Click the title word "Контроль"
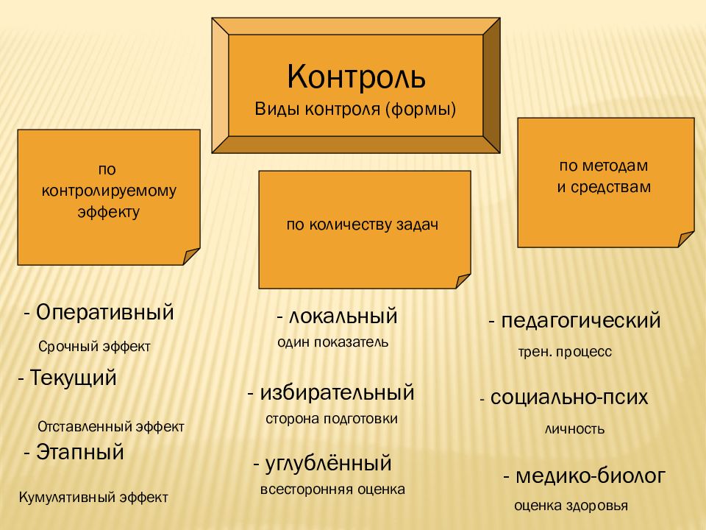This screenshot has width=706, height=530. point(356,76)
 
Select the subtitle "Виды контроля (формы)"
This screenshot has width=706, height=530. point(356,109)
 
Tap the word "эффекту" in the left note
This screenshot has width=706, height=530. point(108,211)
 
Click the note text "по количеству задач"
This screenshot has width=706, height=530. point(363,225)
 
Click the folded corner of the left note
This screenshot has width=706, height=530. point(190,256)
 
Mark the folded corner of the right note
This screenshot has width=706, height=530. point(685,239)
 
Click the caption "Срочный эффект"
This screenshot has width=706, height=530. point(93,347)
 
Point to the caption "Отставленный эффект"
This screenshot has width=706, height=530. point(110,426)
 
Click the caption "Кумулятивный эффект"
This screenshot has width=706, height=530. point(93,497)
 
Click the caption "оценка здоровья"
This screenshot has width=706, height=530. point(571,506)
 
